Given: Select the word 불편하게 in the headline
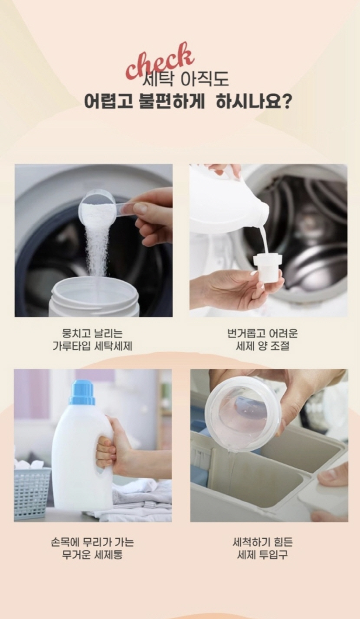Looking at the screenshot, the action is [x=172, y=102].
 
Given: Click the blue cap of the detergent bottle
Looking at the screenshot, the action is [x=82, y=393].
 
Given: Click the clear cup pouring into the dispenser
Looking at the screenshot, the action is [x=243, y=414].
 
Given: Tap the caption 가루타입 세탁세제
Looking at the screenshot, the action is [x=92, y=346].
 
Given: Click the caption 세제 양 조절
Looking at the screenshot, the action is [x=262, y=346].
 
